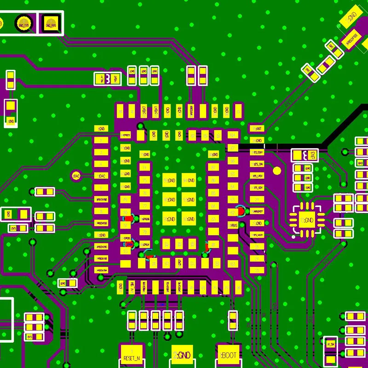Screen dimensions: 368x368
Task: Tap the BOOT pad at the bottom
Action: pos(229,355)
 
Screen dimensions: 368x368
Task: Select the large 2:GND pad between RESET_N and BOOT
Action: pos(183,355)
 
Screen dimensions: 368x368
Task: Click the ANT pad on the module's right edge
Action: pos(257,128)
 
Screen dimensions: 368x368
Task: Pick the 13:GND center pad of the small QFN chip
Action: pos(307,220)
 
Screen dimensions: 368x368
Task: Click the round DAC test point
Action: pos(76,175)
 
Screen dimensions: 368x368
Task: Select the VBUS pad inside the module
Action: pos(233,225)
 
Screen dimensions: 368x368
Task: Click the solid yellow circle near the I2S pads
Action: pos(276,171)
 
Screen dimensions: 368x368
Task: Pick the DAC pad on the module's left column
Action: pos(101,175)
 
